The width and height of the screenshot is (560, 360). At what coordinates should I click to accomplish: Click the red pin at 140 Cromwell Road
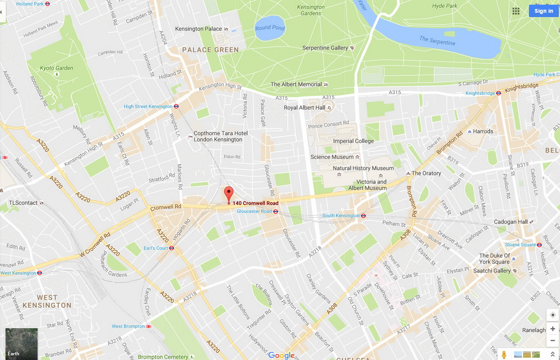coord(229,193)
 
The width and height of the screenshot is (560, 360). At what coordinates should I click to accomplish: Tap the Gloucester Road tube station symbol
coord(275,212)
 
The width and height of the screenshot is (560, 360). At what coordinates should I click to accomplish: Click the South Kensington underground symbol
coord(363,216)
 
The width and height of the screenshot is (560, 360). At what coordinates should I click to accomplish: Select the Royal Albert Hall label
coord(304,108)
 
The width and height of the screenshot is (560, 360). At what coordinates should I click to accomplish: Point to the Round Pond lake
coord(270,28)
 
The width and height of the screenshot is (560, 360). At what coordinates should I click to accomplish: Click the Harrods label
coord(483,131)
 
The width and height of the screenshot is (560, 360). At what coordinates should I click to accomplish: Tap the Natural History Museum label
coord(363,168)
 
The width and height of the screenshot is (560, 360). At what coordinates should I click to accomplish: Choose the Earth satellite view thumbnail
coord(21,343)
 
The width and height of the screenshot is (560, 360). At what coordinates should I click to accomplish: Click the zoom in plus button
coord(553,329)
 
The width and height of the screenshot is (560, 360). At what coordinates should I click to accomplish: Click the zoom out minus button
coord(553,341)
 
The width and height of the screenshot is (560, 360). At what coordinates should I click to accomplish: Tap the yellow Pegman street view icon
coord(504,355)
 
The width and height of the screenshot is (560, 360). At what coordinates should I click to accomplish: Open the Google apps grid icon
coord(516,11)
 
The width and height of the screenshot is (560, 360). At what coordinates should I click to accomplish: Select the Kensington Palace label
coord(199,29)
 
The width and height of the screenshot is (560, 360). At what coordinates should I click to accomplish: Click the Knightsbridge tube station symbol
coord(498,93)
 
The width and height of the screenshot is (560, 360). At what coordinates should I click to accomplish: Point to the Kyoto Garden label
coord(56,68)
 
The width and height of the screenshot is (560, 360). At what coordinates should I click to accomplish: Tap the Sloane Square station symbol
coord(539,245)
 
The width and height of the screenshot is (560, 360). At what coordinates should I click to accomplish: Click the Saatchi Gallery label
coord(492,271)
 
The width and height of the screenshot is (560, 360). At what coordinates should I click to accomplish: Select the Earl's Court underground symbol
coord(171,248)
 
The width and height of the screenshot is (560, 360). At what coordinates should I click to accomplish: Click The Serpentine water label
coord(437,41)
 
